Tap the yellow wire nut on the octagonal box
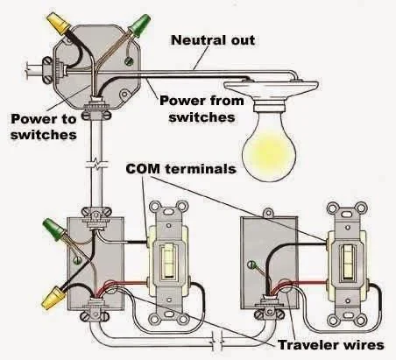tap(60, 23)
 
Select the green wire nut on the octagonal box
tap(140, 24)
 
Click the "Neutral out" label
tap(213, 40)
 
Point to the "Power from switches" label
tap(202, 109)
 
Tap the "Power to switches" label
tap(44, 127)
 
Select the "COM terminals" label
tap(181, 169)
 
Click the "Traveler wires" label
tap(331, 345)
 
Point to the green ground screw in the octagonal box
tap(129, 60)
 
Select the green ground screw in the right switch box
tap(251, 265)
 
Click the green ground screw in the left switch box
tap(77, 260)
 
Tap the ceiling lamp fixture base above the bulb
tap(271, 94)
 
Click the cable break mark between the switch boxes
tap(217, 341)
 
